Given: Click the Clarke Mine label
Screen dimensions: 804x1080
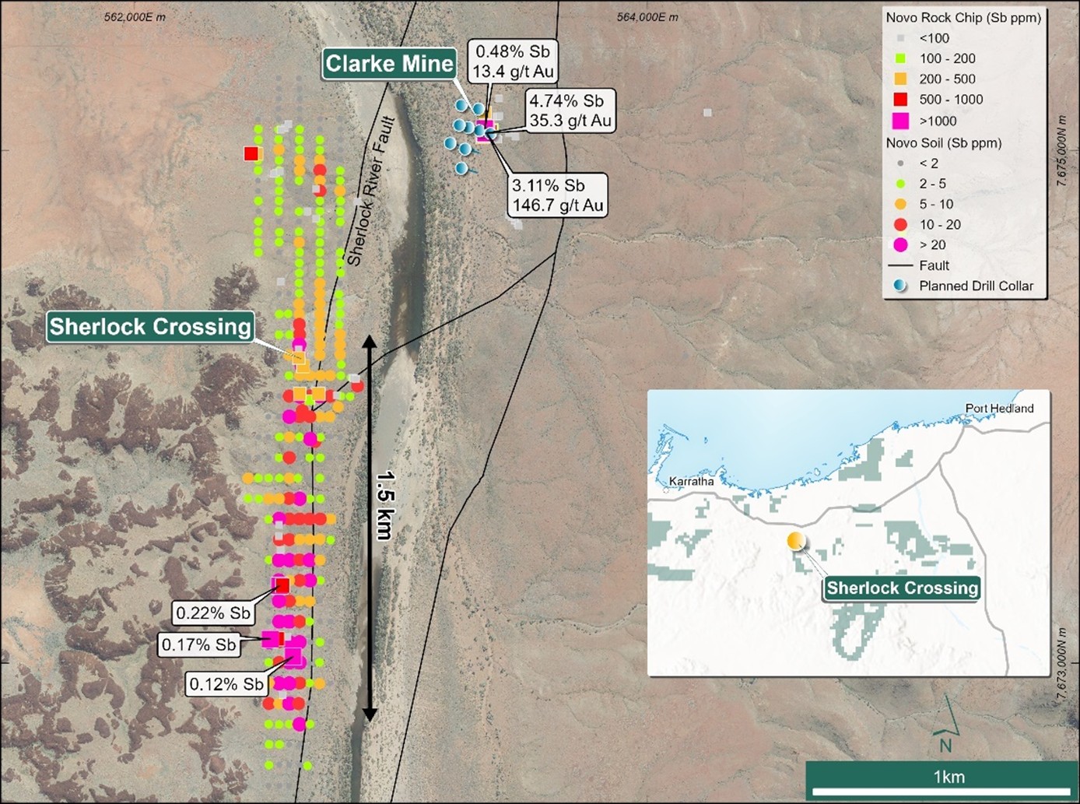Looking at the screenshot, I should [389, 64].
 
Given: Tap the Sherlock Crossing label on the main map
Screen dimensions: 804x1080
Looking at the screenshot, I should [150, 326].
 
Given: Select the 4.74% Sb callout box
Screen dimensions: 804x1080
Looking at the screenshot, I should [570, 111].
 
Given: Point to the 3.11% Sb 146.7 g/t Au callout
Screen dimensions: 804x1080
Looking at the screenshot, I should [556, 195].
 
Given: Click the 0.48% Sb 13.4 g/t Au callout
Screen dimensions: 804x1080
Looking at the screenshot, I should [513, 61].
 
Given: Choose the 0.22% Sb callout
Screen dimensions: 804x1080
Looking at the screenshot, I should [213, 613].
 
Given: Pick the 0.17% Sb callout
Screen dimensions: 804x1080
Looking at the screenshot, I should [198, 644].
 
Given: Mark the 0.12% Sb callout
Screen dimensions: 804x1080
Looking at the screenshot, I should [226, 684].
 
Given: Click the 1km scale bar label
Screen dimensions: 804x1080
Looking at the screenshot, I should [949, 777].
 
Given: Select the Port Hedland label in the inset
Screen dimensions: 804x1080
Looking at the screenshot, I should [999, 408].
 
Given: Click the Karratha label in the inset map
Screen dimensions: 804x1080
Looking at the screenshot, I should [691, 481].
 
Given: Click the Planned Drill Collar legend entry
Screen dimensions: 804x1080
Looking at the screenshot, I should [976, 286].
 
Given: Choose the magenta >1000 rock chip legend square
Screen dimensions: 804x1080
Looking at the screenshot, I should [900, 121].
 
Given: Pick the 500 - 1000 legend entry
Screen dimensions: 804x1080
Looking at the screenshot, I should [951, 100].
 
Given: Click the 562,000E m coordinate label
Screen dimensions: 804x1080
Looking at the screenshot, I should [135, 17].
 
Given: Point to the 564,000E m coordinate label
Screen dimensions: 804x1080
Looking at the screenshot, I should [647, 17].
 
